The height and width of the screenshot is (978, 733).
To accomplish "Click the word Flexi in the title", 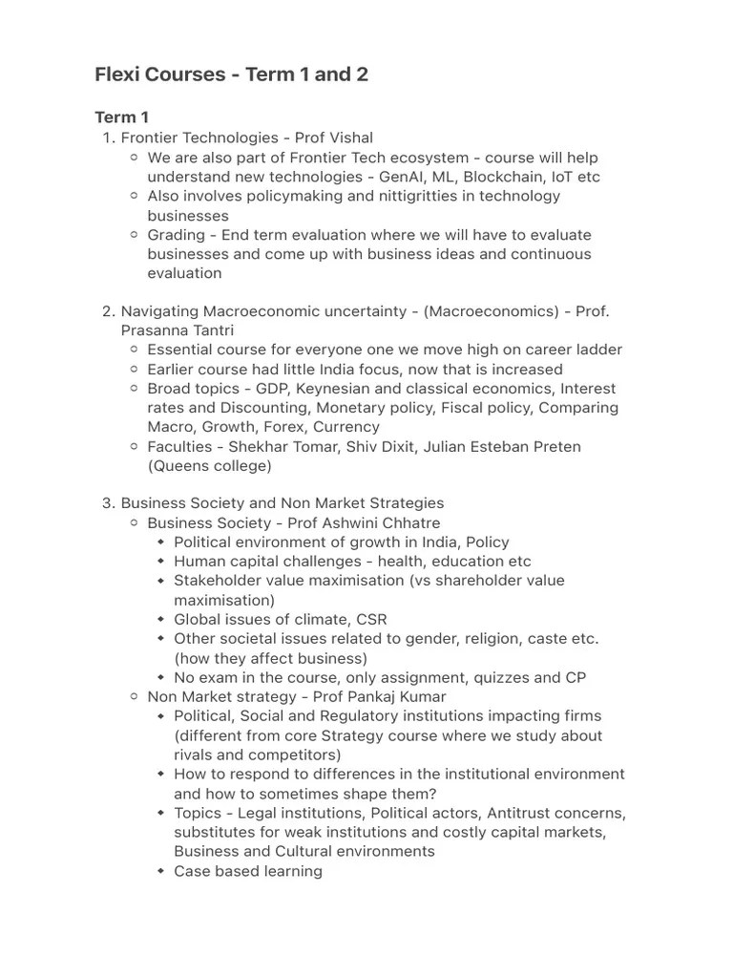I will click(119, 74).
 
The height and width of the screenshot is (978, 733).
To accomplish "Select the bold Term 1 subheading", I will click(121, 117).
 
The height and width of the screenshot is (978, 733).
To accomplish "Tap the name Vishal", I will click(347, 138).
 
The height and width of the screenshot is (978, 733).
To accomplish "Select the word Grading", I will click(176, 235).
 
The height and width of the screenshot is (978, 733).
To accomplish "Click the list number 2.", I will click(106, 311).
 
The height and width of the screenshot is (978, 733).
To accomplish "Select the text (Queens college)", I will click(209, 466).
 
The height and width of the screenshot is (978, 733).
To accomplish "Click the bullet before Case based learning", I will click(161, 871).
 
